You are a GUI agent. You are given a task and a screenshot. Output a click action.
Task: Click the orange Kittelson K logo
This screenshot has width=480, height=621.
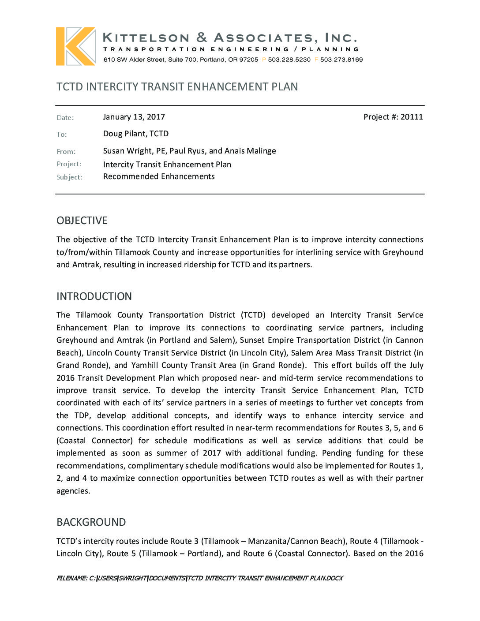tap(75, 46)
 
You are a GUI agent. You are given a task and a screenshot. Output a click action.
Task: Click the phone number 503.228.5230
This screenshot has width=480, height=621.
tap(289, 60)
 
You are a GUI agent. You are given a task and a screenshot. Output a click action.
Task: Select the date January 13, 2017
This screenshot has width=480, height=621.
tap(134, 117)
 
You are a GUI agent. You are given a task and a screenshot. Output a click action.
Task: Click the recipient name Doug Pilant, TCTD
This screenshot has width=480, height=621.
tap(135, 134)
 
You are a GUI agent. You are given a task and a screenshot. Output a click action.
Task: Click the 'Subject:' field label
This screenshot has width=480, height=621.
tap(69, 177)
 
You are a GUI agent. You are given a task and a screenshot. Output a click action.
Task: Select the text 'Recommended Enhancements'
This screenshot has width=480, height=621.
tap(159, 176)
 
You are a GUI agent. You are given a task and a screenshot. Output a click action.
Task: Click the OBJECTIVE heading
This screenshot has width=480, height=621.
tap(82, 221)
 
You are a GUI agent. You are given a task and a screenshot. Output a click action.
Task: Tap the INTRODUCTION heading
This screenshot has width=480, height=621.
tap(94, 296)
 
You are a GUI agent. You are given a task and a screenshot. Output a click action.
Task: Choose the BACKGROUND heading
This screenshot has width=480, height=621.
tap(91, 522)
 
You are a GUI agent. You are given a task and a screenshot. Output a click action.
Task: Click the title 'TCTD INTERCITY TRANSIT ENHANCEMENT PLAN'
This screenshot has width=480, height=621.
tap(177, 87)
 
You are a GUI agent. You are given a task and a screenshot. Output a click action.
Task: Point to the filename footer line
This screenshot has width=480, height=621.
tap(199, 578)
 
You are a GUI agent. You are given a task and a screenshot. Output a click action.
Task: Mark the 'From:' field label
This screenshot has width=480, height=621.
tap(66, 152)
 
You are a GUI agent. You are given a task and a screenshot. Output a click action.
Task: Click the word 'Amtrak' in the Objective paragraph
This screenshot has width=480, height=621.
tap(86, 265)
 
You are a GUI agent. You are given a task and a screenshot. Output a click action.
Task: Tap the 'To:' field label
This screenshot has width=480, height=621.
tap(62, 135)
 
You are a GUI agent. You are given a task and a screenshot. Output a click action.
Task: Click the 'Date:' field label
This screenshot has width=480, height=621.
tap(65, 118)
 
